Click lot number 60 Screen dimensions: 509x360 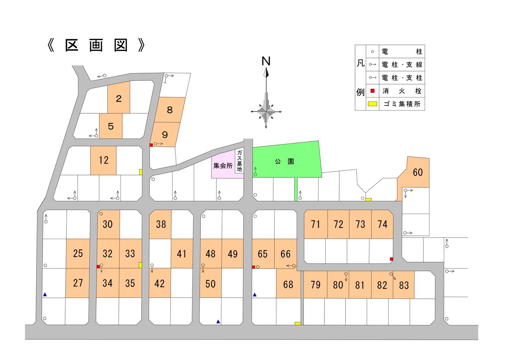pyautogui.click(x=418, y=172)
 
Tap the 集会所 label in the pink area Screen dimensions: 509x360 pyautogui.click(x=223, y=165)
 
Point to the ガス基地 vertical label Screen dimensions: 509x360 pyautogui.click(x=239, y=161)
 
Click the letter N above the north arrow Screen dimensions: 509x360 pyautogui.click(x=266, y=61)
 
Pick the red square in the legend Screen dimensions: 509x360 pyautogui.click(x=373, y=91)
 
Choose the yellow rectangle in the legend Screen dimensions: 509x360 pyautogui.click(x=373, y=104)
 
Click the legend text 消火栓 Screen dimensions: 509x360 pyautogui.click(x=402, y=91)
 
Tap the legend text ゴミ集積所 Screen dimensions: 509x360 pyautogui.click(x=402, y=104)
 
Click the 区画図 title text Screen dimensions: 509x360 pyautogui.click(x=96, y=45)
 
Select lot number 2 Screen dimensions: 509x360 pyautogui.click(x=119, y=99)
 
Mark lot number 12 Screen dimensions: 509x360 pyautogui.click(x=104, y=160)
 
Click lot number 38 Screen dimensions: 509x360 pyautogui.click(x=161, y=224)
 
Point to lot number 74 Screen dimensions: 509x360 pyautogui.click(x=383, y=224)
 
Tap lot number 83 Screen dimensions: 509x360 pyautogui.click(x=404, y=286)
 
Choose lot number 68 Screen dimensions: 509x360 pyautogui.click(x=288, y=284)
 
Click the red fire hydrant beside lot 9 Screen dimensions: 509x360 pyautogui.click(x=151, y=145)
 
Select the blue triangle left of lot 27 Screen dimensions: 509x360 pyautogui.click(x=45, y=294)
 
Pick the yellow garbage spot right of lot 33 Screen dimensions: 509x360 pyautogui.click(x=140, y=265)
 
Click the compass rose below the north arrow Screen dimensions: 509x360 pyautogui.click(x=266, y=112)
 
